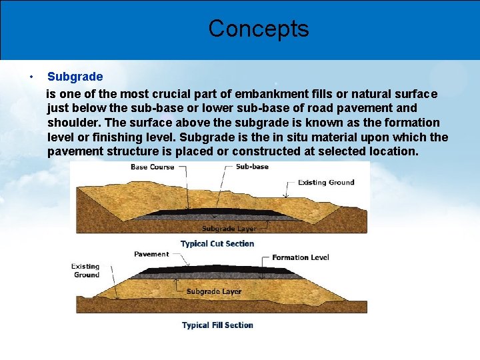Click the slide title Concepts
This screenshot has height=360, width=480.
coord(259,29)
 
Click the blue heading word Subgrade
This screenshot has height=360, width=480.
coord(75,77)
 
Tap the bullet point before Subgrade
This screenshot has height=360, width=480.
coord(31,77)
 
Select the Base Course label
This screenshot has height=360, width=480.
coord(152,167)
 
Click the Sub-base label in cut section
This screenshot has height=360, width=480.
coord(252,167)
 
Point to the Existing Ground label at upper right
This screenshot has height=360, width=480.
coord(326,183)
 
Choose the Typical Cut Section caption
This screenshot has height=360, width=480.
coord(217,244)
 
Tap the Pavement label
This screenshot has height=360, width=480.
coord(151,254)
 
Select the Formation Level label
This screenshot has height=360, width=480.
coord(300,257)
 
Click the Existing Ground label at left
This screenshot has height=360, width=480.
coord(86,271)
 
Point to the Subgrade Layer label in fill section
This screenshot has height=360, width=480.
coord(214,291)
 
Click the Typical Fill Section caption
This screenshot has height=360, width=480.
coord(217,325)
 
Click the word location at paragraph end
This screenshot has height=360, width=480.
coord(393,151)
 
